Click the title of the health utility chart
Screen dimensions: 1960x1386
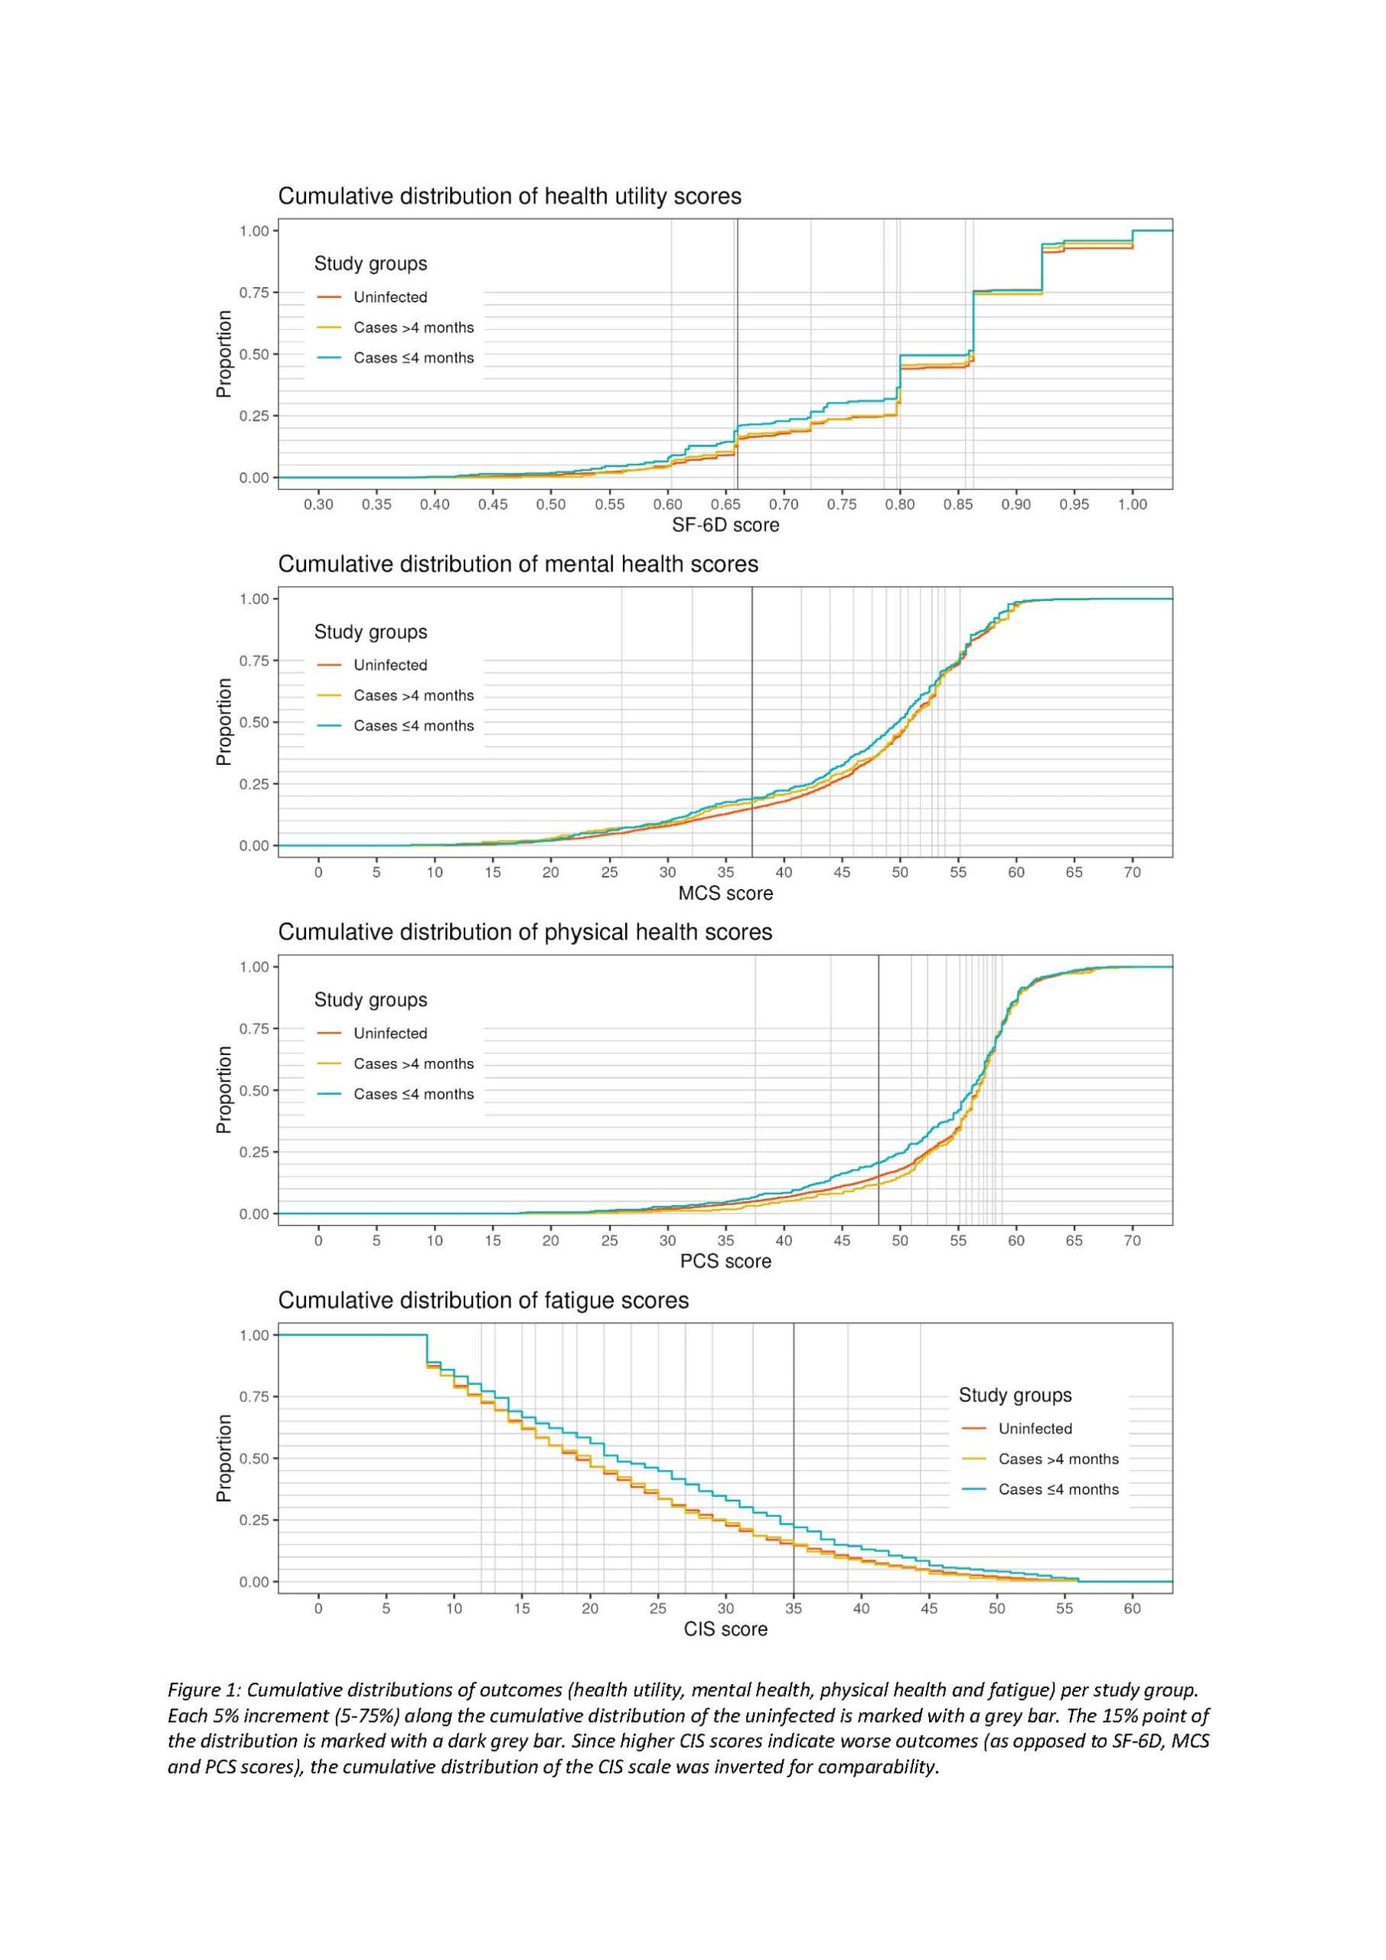(x=510, y=196)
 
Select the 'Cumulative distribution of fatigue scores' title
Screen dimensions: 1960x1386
(x=483, y=1300)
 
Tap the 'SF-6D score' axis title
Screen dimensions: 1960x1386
(x=725, y=525)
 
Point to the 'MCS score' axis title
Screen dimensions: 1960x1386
(x=725, y=893)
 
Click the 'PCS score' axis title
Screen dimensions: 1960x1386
(x=725, y=1261)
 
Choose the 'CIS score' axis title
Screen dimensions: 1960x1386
(x=725, y=1628)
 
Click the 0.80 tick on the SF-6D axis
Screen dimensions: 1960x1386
(x=899, y=505)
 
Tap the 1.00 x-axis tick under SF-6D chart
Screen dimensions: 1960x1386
(x=1132, y=505)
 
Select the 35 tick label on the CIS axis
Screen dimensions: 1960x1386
(x=793, y=1609)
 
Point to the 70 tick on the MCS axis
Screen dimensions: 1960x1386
(x=1132, y=873)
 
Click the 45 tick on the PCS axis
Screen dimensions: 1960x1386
(x=842, y=1240)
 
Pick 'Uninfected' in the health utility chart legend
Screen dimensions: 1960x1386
(x=390, y=297)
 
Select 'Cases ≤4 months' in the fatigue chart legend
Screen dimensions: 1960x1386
(x=1058, y=1489)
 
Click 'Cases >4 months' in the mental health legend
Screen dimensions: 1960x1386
(x=413, y=696)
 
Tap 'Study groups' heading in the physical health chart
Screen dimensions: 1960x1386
(x=370, y=1000)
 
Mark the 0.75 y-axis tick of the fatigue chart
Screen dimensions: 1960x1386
(x=253, y=1396)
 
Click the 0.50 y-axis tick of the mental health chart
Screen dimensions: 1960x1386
(x=253, y=722)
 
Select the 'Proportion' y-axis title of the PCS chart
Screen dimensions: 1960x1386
(x=224, y=1090)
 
